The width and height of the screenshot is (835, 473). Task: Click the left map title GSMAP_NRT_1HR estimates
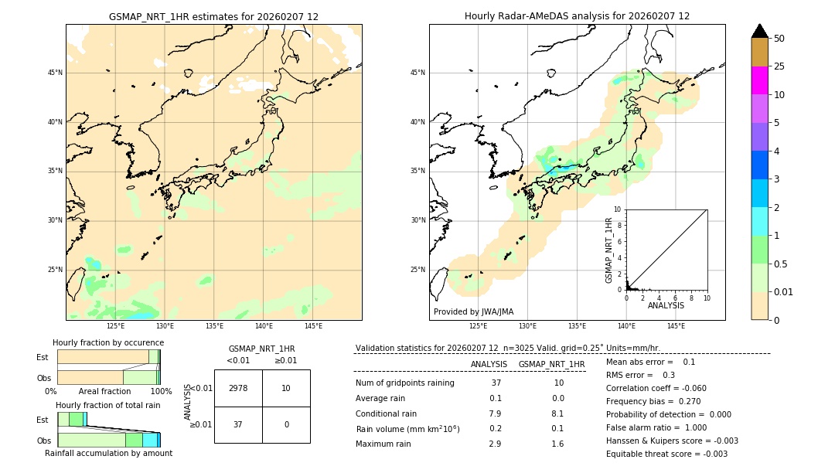tap(213, 16)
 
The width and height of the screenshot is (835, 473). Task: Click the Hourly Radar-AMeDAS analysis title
tap(577, 16)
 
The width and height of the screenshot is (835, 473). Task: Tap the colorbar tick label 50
tap(779, 39)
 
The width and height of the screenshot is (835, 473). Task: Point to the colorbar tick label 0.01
tap(784, 291)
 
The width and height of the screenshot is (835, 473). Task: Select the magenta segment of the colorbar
tap(759, 80)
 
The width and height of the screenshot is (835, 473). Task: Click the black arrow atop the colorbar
tap(759, 31)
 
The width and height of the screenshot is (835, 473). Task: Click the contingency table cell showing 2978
tap(238, 388)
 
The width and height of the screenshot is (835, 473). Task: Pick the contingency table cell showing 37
tap(238, 424)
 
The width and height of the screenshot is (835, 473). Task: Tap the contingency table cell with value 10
tap(286, 388)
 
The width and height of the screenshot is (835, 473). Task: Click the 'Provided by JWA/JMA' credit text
tap(473, 311)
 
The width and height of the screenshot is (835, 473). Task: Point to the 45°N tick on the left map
tap(55, 73)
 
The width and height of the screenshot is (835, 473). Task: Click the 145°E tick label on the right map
tap(676, 326)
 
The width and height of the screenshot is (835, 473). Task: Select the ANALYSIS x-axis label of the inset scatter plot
tap(666, 306)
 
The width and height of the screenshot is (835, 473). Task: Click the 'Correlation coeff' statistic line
tap(656, 388)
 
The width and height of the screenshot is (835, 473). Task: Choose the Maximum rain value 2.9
tap(495, 444)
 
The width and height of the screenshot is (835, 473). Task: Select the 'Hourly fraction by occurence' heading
tap(108, 342)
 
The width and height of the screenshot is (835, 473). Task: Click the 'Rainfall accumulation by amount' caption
tap(108, 453)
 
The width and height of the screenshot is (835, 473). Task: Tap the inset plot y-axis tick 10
tap(617, 209)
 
